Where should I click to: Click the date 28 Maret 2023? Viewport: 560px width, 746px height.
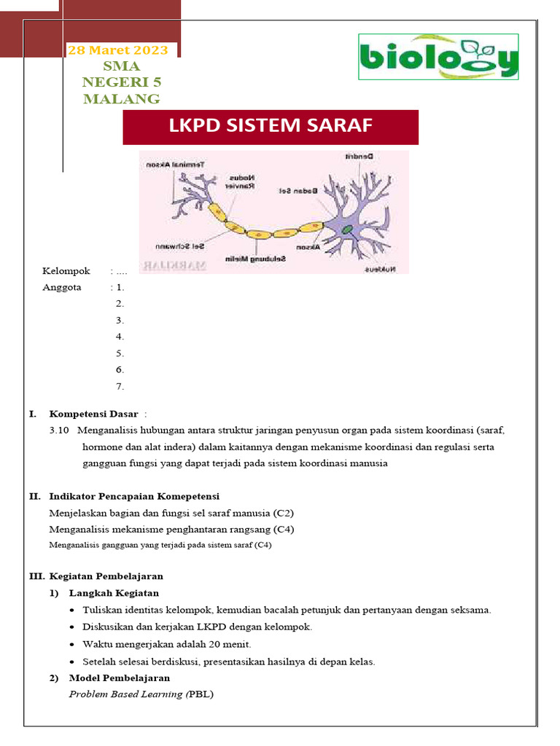[x=117, y=50]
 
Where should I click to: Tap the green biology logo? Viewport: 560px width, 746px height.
[x=438, y=57]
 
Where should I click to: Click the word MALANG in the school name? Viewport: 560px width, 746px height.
[x=122, y=99]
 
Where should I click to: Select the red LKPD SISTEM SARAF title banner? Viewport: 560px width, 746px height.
[x=271, y=127]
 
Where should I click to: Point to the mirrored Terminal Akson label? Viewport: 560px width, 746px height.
[x=175, y=165]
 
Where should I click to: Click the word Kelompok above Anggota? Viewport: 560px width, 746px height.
[x=66, y=271]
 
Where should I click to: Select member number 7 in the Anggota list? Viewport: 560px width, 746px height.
[x=120, y=386]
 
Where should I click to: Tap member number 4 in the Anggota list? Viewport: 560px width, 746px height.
[x=120, y=337]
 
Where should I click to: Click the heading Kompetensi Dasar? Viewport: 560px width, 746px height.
[x=93, y=414]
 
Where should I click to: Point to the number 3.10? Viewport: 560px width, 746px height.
[x=59, y=430]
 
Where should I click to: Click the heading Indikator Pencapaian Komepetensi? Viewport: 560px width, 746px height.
[x=134, y=496]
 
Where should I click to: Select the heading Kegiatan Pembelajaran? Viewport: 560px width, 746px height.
[x=106, y=576]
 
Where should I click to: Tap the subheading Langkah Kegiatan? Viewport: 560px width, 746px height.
[x=114, y=593]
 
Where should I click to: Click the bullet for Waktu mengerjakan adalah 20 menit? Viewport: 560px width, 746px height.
[x=73, y=644]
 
